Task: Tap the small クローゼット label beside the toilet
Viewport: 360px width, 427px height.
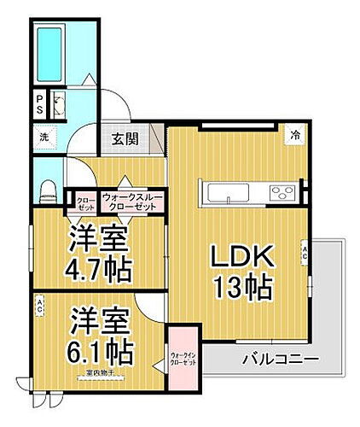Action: tap(85, 201)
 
